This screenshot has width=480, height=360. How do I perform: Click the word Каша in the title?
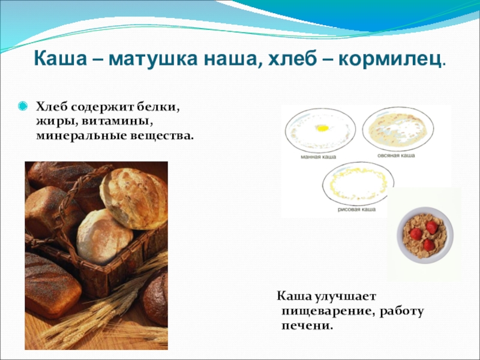[61, 59]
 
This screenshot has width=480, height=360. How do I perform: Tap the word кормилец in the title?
[390, 59]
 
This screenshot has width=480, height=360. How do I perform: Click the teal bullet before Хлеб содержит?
[23, 106]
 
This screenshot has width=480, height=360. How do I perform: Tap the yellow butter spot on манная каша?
[322, 128]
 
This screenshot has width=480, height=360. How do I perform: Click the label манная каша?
[319, 157]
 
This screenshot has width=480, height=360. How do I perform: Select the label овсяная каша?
[396, 155]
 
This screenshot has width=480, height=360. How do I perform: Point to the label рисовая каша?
[356, 209]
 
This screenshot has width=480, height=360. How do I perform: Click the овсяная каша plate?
[398, 129]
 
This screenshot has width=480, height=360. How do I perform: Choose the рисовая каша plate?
[358, 184]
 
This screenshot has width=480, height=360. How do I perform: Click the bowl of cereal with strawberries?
[425, 235]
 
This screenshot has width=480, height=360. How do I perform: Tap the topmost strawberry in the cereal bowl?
[431, 227]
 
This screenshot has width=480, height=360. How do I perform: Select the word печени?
[307, 326]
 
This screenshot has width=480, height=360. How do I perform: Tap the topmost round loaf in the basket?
[134, 199]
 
